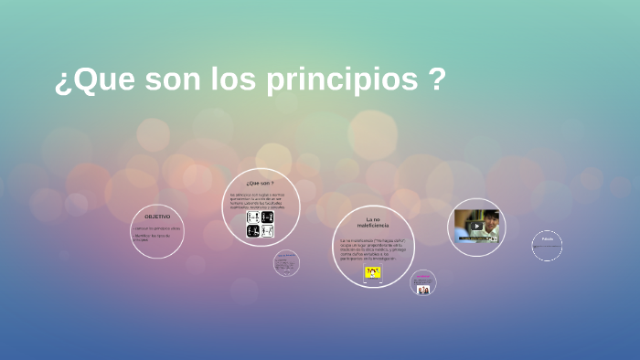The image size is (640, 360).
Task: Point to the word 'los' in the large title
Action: tap(234, 80)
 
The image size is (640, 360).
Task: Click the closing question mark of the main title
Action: tap(437, 80)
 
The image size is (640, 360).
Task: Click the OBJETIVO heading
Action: tap(157, 217)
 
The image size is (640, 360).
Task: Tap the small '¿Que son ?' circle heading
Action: tap(260, 183)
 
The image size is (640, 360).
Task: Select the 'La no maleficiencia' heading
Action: tap(373, 222)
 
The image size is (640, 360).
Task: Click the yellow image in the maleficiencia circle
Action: tap(373, 271)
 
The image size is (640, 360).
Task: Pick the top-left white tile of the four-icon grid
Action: tap(253, 217)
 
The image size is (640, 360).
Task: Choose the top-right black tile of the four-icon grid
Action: tap(267, 217)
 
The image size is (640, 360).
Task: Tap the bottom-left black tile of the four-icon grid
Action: tap(253, 231)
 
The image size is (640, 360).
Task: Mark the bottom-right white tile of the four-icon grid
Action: tap(267, 231)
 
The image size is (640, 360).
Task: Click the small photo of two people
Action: tap(423, 290)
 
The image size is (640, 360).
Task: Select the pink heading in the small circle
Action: tap(423, 275)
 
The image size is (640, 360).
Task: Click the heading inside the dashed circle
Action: tap(547, 239)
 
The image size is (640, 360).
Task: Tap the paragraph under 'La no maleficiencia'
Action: tap(372, 249)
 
